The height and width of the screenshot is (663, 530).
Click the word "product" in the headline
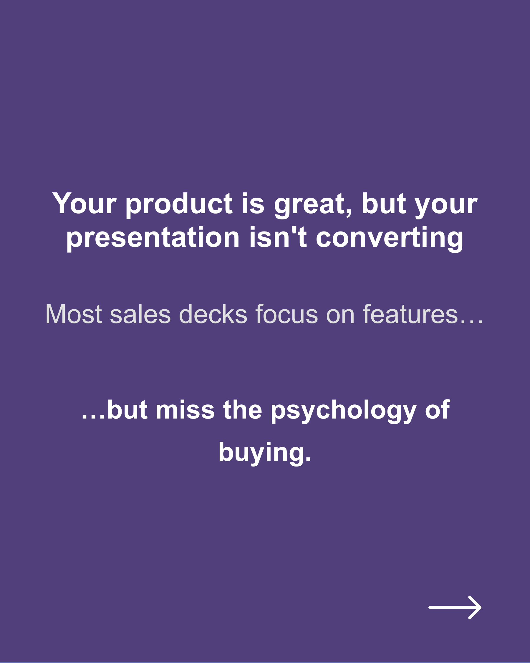[179, 204]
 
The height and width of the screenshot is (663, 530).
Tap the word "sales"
[140, 314]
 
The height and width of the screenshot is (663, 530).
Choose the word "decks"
[213, 314]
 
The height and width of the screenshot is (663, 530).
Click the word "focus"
[286, 314]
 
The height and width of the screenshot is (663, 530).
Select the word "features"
[410, 314]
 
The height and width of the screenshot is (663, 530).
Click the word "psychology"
[343, 411]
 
